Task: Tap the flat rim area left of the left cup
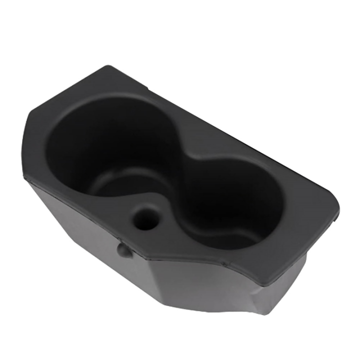click(42, 150)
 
